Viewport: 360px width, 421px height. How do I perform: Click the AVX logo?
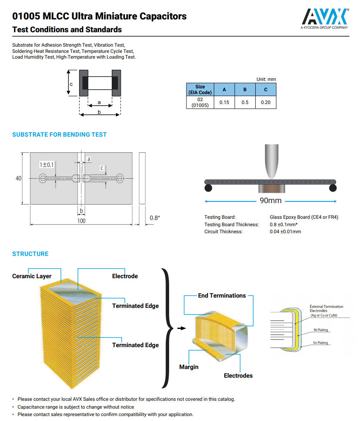[325, 17]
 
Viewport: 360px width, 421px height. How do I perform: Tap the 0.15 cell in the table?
[224, 102]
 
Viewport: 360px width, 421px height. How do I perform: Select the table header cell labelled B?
[245, 90]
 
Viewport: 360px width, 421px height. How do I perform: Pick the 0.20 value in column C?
[266, 102]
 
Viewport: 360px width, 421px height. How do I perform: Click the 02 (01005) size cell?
[200, 102]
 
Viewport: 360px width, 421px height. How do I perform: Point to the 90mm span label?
[270, 201]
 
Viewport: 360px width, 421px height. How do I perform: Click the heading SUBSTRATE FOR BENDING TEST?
[59, 135]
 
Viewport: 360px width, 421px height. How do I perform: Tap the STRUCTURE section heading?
[30, 254]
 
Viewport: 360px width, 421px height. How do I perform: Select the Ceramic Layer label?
[32, 276]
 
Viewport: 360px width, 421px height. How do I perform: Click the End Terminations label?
[221, 296]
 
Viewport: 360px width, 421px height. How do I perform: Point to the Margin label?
[188, 367]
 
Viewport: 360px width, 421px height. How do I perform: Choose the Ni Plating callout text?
[320, 330]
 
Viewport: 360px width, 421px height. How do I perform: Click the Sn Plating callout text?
[320, 343]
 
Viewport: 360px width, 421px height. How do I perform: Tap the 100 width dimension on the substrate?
[81, 221]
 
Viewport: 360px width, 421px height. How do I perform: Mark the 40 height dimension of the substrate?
[19, 178]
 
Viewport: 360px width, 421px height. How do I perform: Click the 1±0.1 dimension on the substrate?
[47, 165]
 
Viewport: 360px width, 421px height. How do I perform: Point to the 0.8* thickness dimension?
[155, 218]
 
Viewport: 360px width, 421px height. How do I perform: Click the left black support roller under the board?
[209, 188]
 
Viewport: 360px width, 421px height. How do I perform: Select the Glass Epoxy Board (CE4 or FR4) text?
[304, 217]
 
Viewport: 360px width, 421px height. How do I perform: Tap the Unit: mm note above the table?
[266, 79]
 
